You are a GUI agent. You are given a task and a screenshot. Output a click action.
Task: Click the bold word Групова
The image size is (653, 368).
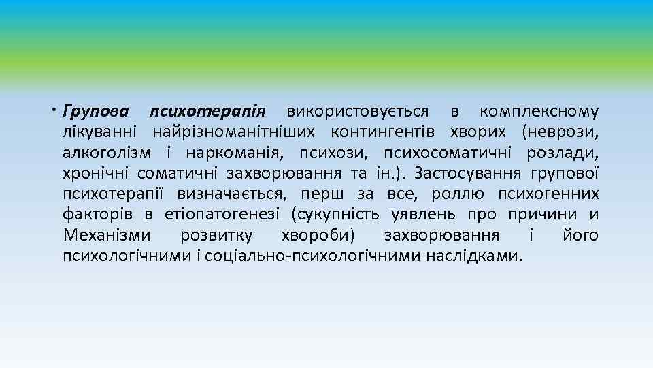pyautogui.click(x=97, y=111)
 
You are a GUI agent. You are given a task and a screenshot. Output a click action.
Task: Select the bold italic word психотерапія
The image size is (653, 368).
pyautogui.click(x=212, y=111)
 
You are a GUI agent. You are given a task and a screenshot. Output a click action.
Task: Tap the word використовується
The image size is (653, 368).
pyautogui.click(x=358, y=111)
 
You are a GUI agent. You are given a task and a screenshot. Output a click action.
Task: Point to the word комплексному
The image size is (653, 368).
pyautogui.click(x=539, y=111)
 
